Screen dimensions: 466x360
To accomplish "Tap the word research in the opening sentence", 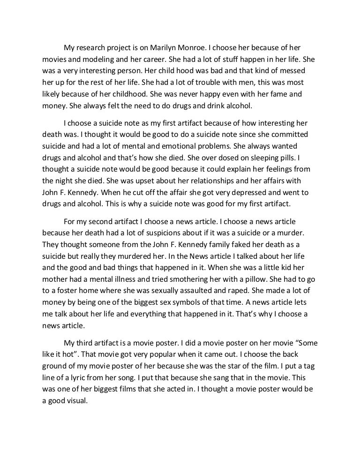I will pos(99,48).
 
